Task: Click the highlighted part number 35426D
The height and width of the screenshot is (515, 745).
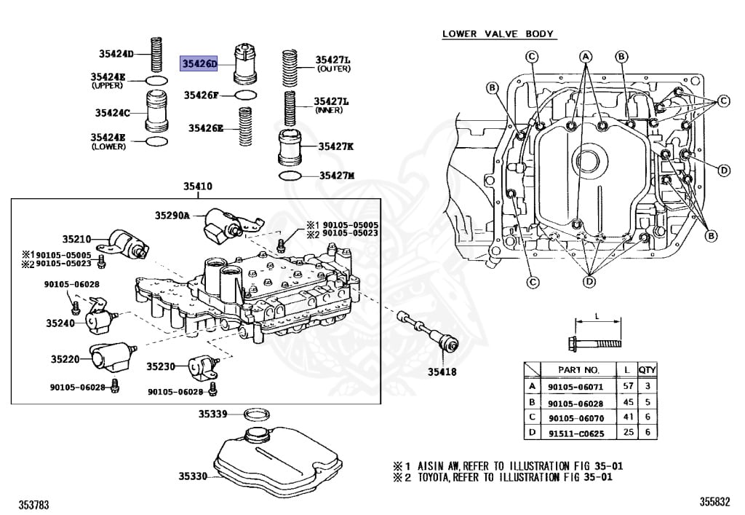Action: (199, 64)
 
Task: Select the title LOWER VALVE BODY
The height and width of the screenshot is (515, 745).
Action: (498, 34)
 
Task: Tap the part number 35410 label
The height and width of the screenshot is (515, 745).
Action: (198, 187)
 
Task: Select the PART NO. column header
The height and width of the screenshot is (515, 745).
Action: (578, 370)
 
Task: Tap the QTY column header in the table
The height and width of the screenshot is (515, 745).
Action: (647, 370)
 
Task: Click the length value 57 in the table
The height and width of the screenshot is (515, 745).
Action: (627, 387)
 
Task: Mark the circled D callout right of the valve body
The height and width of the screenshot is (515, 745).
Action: (723, 170)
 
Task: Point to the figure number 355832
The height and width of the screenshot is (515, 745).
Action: (715, 501)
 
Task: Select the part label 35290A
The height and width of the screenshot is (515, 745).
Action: (172, 215)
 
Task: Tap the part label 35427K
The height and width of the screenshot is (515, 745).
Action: (335, 146)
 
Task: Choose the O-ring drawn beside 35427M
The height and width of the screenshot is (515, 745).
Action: (290, 176)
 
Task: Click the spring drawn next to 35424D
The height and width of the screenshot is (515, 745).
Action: (154, 53)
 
